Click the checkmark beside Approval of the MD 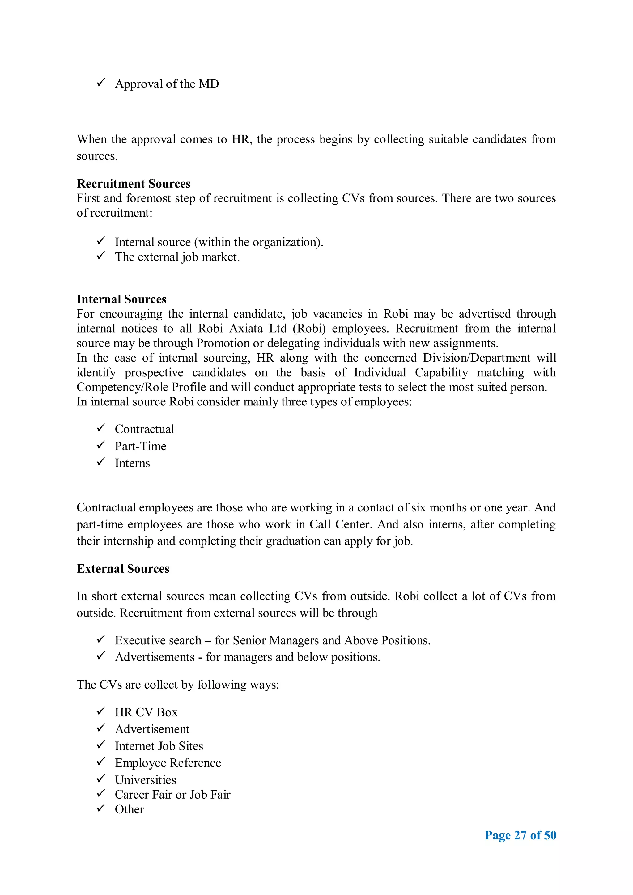pos(101,83)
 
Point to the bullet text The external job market pos(177,257)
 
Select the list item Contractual pos(144,429)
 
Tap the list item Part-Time pos(140,446)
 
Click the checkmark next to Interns pos(101,462)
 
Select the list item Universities pos(145,780)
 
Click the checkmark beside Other pos(101,808)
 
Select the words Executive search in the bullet pos(158,640)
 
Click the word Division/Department pos(476,358)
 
